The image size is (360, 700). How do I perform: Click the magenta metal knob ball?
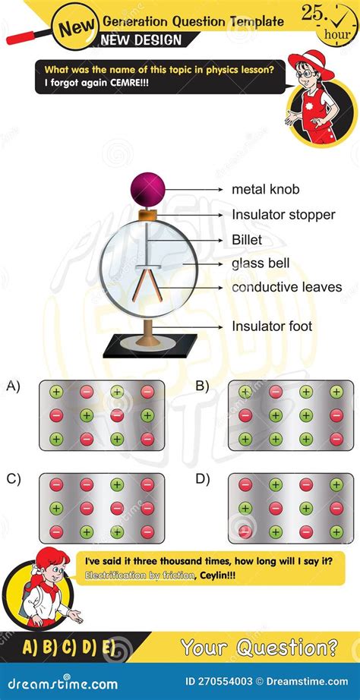click(147, 187)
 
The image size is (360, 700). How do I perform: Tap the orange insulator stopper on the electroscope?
click(147, 215)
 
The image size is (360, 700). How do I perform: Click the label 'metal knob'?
click(265, 189)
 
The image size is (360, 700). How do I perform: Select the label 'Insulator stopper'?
click(283, 215)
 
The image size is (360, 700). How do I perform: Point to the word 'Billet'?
click(247, 240)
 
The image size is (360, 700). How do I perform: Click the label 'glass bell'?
click(261, 263)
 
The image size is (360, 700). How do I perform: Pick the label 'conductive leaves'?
click(286, 288)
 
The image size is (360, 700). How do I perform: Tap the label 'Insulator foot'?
click(272, 326)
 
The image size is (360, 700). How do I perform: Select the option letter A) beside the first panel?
click(14, 386)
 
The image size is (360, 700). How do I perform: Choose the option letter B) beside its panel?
click(201, 386)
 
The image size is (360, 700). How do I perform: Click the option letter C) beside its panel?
click(14, 479)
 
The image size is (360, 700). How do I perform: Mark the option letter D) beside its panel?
click(201, 479)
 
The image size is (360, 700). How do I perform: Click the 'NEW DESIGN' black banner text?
click(143, 40)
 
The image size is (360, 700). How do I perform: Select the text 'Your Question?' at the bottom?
click(259, 648)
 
